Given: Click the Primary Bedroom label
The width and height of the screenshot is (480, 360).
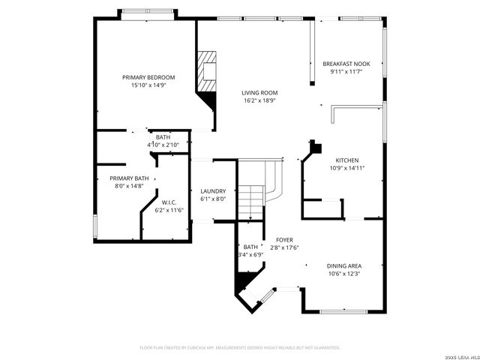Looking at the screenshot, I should coord(148,77).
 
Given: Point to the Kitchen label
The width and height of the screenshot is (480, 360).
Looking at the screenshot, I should coord(346,160).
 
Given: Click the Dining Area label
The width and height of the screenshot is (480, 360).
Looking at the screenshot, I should coord(344,265).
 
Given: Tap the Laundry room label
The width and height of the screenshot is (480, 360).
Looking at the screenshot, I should coord(213,191).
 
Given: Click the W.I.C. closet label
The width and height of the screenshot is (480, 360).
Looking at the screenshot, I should coord(169,202).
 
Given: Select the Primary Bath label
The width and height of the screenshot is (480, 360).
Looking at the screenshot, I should coord(129,178).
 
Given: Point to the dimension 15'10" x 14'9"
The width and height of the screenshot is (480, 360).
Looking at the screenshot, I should coord(148,85).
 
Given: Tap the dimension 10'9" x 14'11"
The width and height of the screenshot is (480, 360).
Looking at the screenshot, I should coord(346,169).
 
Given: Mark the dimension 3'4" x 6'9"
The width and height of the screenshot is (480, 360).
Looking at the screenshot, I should coord(250,255).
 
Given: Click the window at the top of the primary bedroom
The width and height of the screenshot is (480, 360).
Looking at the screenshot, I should coord(148,13).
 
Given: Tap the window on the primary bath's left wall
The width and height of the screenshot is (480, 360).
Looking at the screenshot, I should coord(95,225).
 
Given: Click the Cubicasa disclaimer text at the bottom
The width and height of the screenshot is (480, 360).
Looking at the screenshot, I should coord(240,348).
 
